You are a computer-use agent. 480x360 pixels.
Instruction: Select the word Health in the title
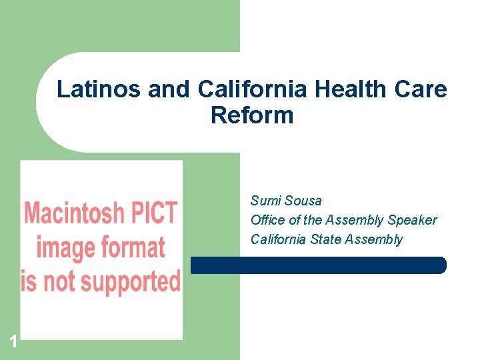click(339, 89)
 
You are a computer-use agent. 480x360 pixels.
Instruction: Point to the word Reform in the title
click(252, 115)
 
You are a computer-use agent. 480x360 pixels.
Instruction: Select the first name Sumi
click(265, 201)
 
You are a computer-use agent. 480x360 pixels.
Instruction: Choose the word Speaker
click(412, 220)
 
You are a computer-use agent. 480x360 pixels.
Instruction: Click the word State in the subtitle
click(325, 239)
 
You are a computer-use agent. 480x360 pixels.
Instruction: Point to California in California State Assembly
click(279, 239)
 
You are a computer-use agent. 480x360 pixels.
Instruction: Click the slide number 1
click(13, 343)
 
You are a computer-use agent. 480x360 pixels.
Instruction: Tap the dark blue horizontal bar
click(318, 265)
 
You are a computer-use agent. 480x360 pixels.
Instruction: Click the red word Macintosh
click(74, 214)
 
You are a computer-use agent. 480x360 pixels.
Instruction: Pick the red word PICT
click(153, 214)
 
